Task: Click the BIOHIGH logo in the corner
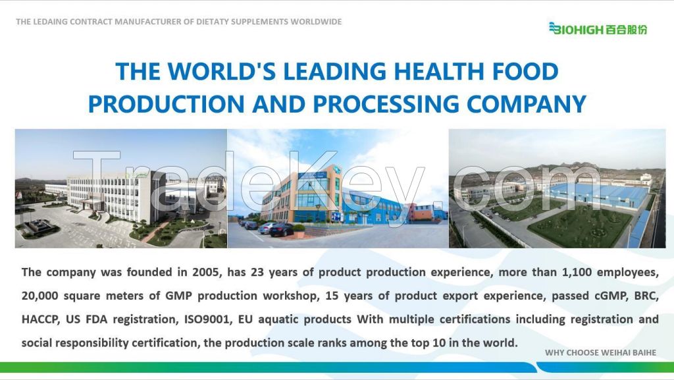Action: tap(598, 28)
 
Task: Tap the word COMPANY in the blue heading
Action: tap(526, 103)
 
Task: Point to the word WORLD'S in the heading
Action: tap(222, 71)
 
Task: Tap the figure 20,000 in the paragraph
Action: tap(39, 296)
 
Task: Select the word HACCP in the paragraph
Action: tap(40, 319)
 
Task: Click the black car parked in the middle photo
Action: tap(282, 230)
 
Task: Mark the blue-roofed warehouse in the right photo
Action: tap(599, 196)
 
